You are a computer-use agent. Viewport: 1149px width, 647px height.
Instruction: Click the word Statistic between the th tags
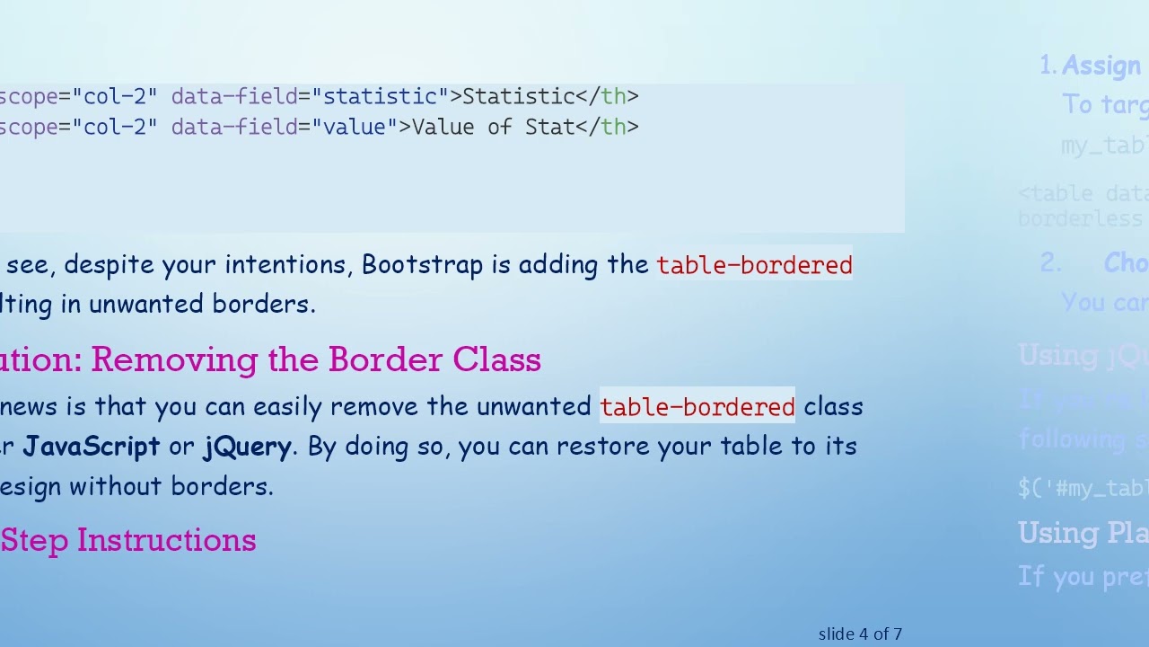(x=518, y=96)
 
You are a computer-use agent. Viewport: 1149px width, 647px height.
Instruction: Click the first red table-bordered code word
(x=754, y=265)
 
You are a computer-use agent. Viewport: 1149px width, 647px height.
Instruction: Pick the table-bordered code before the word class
(x=697, y=407)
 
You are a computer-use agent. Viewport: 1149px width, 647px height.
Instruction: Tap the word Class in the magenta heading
(x=496, y=359)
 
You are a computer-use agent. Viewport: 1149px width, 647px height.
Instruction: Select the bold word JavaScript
(x=91, y=447)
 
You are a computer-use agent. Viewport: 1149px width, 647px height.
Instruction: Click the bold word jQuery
(x=247, y=447)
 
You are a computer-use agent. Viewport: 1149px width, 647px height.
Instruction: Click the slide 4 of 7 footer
(x=860, y=634)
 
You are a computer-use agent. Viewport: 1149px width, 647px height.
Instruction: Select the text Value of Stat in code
(x=493, y=127)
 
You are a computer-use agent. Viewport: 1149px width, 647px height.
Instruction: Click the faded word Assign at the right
(x=1101, y=66)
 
